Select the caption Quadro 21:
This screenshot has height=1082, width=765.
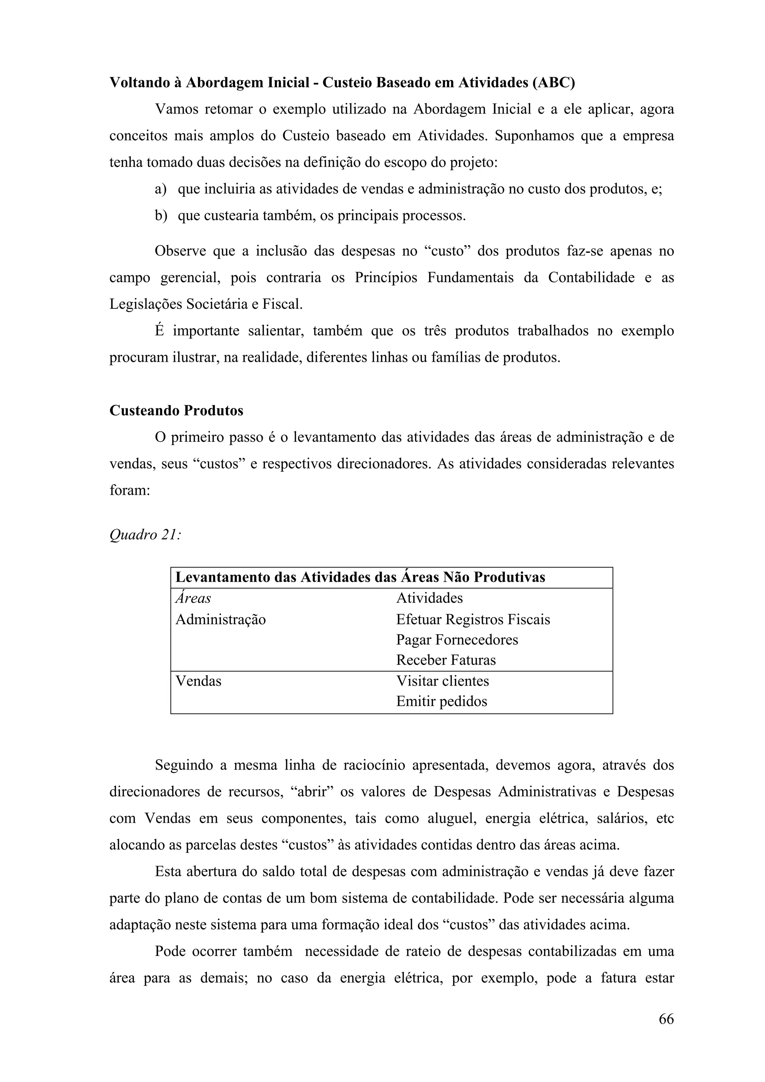pyautogui.click(x=145, y=535)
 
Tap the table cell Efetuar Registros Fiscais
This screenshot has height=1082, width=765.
pyautogui.click(x=473, y=619)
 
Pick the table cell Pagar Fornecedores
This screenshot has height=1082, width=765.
pyautogui.click(x=457, y=640)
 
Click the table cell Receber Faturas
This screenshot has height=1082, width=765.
pyautogui.click(x=446, y=660)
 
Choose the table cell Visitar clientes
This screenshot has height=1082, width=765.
pyautogui.click(x=442, y=681)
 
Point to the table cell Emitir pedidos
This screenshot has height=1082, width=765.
pyautogui.click(x=441, y=701)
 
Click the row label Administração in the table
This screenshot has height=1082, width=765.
pyautogui.click(x=220, y=619)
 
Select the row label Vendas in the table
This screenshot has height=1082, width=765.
pyautogui.click(x=198, y=681)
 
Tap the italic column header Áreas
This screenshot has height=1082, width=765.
pyautogui.click(x=193, y=598)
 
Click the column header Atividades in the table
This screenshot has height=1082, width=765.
pyautogui.click(x=430, y=598)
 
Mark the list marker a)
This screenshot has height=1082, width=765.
pyautogui.click(x=161, y=189)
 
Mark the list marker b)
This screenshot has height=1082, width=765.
pyautogui.click(x=161, y=216)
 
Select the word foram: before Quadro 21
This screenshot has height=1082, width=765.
pyautogui.click(x=130, y=491)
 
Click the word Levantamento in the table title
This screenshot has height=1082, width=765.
pyautogui.click(x=223, y=577)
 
